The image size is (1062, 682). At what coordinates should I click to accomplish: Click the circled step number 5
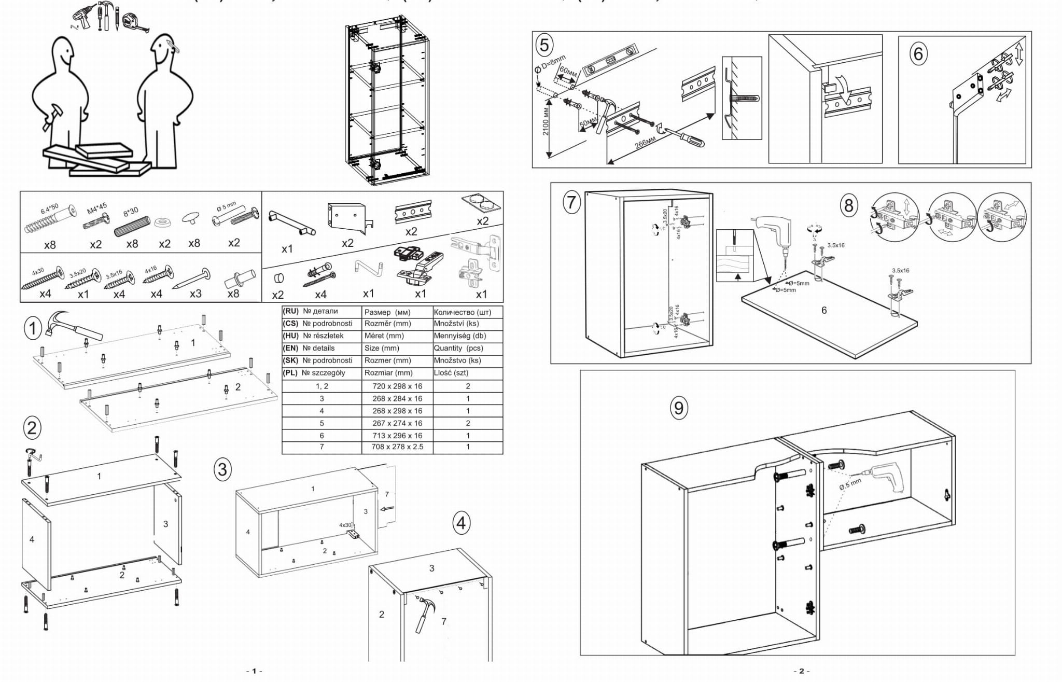544,45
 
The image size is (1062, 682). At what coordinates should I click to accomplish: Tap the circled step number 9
679,408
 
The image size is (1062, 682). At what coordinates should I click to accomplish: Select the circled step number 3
222,470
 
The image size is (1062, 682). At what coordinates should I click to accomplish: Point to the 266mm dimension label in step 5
645,142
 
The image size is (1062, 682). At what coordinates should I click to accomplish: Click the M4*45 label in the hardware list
97,208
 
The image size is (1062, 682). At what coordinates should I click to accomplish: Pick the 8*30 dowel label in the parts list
131,211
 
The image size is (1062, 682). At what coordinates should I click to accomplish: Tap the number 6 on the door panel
824,310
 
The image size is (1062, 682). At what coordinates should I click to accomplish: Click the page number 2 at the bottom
801,671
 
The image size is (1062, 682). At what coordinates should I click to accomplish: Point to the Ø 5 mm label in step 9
850,484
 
